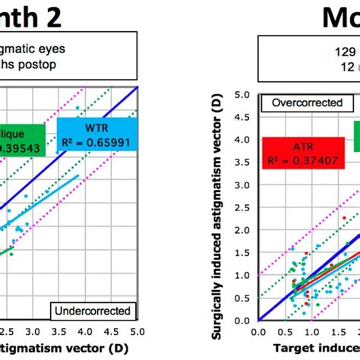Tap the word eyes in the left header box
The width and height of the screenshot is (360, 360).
pos(70,48)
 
